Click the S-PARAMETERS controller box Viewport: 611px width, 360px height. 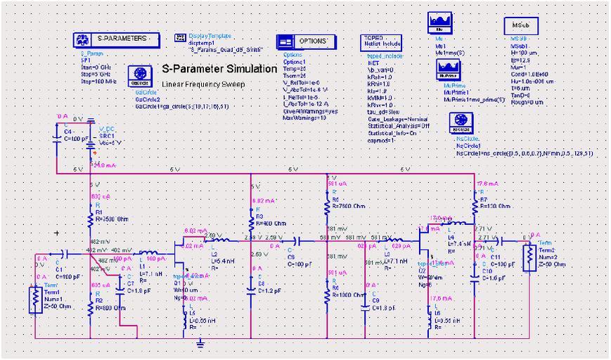click(112, 39)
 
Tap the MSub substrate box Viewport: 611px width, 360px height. click(521, 25)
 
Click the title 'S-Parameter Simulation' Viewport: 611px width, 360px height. click(219, 69)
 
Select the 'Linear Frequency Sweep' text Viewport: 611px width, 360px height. click(202, 84)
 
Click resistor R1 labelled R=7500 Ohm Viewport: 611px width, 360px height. click(90, 220)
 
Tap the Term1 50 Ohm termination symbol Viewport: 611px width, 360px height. click(34, 300)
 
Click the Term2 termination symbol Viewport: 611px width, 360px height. click(527, 257)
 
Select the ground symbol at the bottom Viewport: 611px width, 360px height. click(201, 342)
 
